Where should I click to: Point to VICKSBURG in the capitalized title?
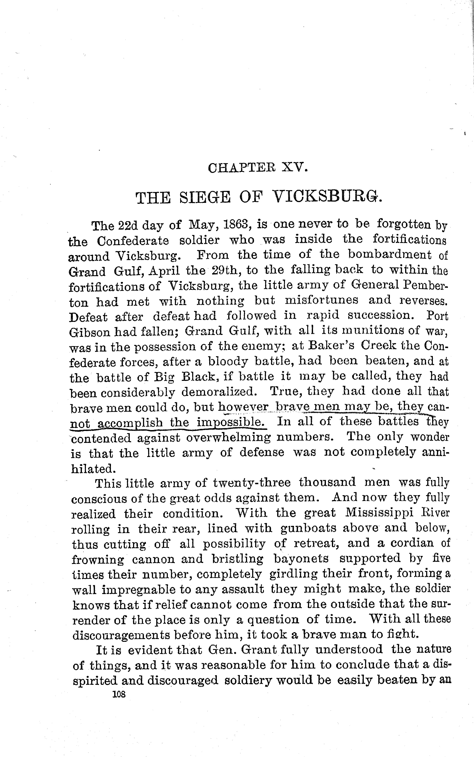click(327, 197)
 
